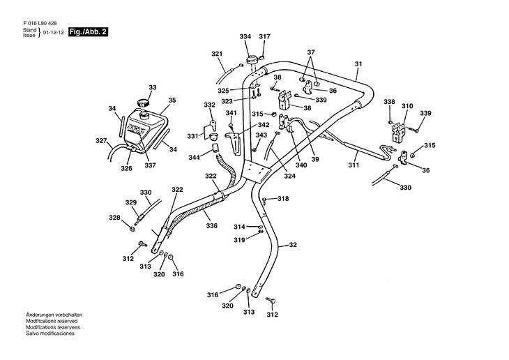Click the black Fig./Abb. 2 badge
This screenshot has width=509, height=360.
click(88, 33)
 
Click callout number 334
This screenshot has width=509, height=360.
click(245, 36)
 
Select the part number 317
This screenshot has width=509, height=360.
click(265, 36)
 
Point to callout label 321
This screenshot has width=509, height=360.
click(217, 54)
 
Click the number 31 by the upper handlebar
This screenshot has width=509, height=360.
click(358, 65)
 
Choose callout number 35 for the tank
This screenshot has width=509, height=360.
click(172, 100)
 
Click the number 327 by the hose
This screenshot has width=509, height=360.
click(101, 141)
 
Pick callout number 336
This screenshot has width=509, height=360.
click(211, 225)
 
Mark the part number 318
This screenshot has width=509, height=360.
click(282, 199)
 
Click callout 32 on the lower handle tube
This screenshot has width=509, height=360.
click(293, 245)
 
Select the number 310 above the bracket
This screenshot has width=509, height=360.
click(407, 106)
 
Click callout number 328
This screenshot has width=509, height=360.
click(114, 218)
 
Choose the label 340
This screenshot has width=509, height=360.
click(301, 165)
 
